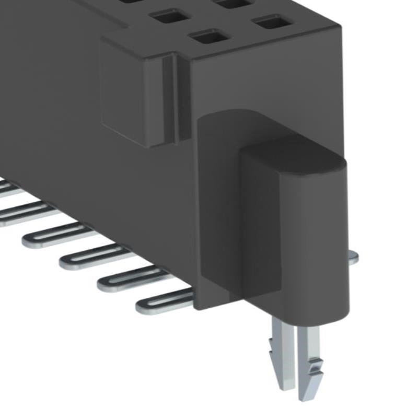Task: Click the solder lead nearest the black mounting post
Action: coord(162,303)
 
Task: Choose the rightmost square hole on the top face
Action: coord(272,22)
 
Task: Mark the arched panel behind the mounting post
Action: coord(219,209)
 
